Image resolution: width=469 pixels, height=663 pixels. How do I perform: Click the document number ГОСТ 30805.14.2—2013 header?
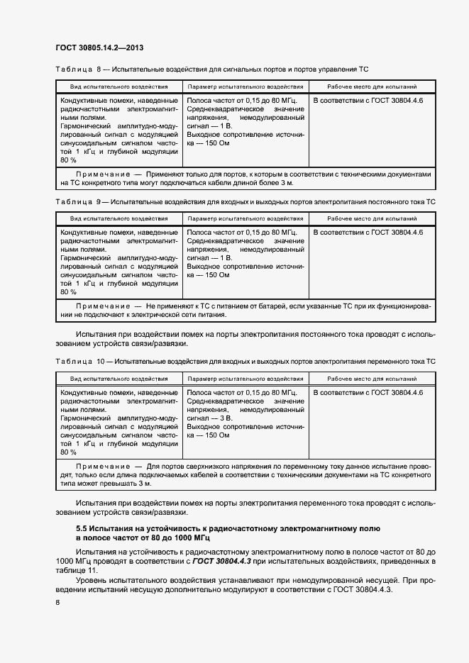click(x=104, y=49)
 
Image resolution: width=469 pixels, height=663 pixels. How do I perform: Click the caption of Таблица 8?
click(x=211, y=69)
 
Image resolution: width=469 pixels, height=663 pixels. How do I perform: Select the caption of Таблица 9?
click(x=245, y=202)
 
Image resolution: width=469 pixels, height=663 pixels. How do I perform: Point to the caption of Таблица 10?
click(x=245, y=362)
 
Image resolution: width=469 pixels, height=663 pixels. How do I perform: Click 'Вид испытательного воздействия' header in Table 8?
click(x=119, y=87)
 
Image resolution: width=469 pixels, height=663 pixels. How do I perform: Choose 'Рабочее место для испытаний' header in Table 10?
click(x=372, y=379)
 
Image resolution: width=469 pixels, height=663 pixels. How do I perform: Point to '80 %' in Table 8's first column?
click(x=69, y=161)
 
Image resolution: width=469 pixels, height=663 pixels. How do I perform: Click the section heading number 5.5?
click(x=82, y=529)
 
